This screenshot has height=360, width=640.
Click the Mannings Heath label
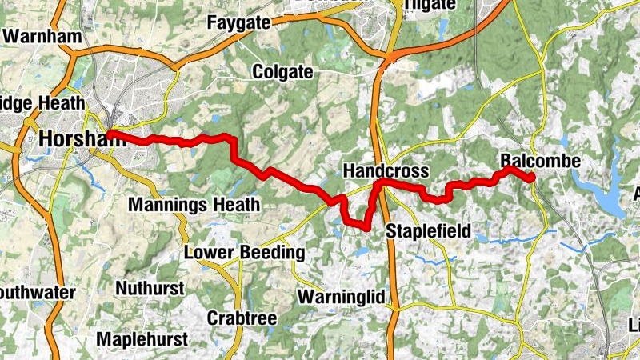(194, 205)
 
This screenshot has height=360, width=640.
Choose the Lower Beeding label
(245, 253)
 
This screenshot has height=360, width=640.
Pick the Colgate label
(282, 72)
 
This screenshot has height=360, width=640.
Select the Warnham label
(32, 36)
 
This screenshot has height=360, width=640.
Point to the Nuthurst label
(150, 287)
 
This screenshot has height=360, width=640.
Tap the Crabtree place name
(242, 318)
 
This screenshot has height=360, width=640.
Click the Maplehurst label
(142, 338)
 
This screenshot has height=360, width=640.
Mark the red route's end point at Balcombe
(530, 179)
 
